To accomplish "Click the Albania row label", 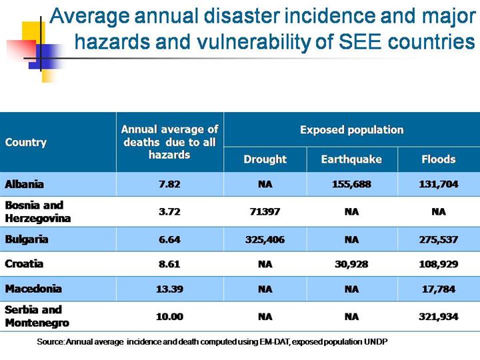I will click(25, 184).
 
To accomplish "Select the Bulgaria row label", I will click(27, 239).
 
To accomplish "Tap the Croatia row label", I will click(24, 263).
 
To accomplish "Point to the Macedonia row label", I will click(33, 289).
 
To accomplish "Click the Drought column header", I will click(265, 159).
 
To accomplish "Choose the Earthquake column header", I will click(351, 159).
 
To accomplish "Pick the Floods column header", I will click(438, 159).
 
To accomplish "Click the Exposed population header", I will click(351, 129).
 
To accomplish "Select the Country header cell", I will click(26, 142).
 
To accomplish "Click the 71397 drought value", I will click(265, 212).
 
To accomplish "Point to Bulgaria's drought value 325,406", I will click(265, 239).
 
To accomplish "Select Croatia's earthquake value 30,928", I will click(351, 263).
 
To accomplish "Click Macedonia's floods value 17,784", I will click(438, 289).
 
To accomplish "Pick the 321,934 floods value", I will click(438, 317).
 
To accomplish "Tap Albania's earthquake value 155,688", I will click(351, 184).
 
